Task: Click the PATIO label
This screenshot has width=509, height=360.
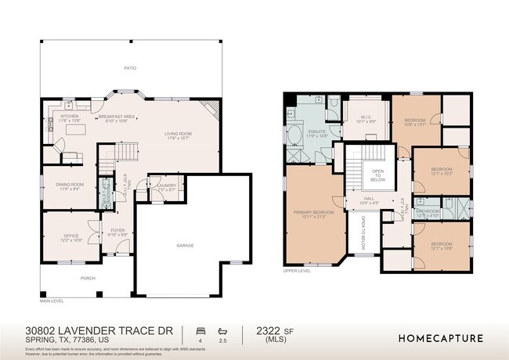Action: click(x=129, y=68)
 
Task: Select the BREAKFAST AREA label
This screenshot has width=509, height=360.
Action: click(x=121, y=118)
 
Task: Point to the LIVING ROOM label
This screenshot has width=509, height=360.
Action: click(x=178, y=135)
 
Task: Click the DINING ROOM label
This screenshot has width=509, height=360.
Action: click(x=69, y=185)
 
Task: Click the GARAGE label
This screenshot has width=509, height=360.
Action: click(x=185, y=245)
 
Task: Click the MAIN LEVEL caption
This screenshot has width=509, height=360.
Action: click(x=52, y=301)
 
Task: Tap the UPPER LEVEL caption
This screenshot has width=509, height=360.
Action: click(x=297, y=271)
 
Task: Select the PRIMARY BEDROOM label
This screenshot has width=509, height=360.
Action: click(x=312, y=213)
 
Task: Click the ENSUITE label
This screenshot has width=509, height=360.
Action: click(x=317, y=131)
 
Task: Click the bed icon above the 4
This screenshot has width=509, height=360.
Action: click(x=200, y=331)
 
